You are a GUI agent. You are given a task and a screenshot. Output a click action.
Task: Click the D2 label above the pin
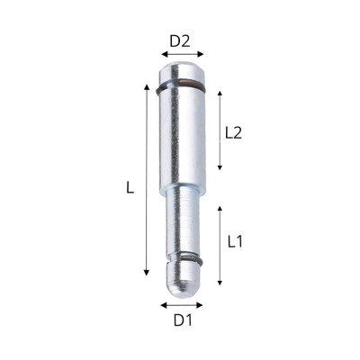[180, 40]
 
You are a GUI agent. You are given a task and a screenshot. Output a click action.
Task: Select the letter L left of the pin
[130, 189]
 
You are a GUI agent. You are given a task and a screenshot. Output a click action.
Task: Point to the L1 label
[237, 241]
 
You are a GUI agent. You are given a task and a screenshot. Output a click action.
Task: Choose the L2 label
[233, 131]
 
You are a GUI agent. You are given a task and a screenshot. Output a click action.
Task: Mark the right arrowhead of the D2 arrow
[202, 55]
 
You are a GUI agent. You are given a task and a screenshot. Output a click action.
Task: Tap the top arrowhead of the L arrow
[146, 85]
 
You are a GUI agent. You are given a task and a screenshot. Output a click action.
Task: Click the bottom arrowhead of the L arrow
[146, 275]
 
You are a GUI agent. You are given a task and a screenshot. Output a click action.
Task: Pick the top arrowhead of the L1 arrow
[220, 206]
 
